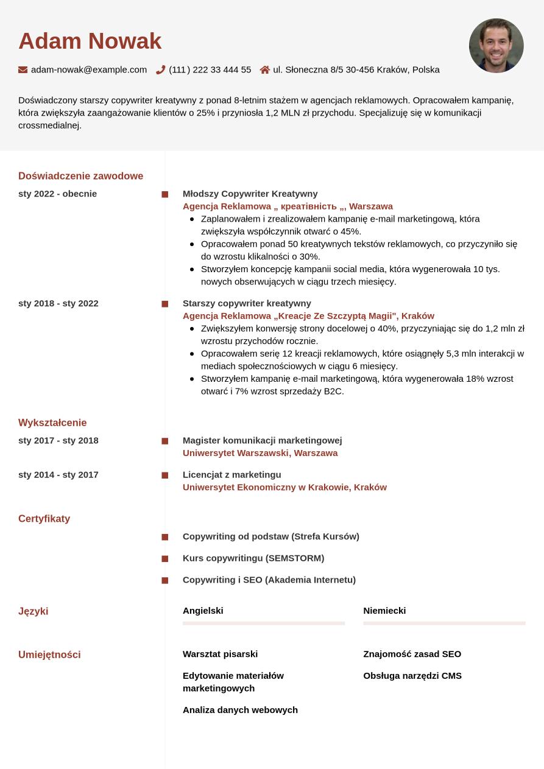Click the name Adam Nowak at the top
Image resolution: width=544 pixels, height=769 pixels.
coord(90,41)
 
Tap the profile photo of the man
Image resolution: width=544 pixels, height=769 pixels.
coord(496,46)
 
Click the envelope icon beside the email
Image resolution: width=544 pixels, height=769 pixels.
coord(23,70)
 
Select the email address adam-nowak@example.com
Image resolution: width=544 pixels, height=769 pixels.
coord(89,70)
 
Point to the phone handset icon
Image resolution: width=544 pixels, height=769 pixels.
coord(161,70)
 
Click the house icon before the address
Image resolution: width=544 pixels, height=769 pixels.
coord(265,70)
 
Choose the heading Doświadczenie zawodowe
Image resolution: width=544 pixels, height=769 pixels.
coord(80,176)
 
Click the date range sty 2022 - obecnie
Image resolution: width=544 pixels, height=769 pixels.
coord(57,194)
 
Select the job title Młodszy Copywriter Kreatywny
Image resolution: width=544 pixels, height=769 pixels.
coord(250,194)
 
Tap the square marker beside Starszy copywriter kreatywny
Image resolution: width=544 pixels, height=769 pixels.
coord(164,304)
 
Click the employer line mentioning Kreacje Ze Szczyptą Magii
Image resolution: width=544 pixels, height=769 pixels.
coord(308,316)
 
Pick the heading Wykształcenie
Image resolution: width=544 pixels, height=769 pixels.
coord(52,423)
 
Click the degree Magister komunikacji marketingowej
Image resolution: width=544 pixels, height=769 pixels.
coord(262,440)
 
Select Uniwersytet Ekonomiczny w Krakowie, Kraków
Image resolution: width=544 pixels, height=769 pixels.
coord(284,487)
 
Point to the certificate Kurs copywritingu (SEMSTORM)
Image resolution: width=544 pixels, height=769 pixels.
coord(253,558)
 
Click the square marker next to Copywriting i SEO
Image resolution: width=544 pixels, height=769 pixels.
coord(164,580)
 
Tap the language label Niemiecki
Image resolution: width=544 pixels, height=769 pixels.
coord(384,611)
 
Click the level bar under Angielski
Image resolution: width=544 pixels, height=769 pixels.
coord(264,623)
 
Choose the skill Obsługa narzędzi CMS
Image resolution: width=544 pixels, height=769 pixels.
coord(412,676)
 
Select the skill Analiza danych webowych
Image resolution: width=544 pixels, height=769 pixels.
coord(240,710)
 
